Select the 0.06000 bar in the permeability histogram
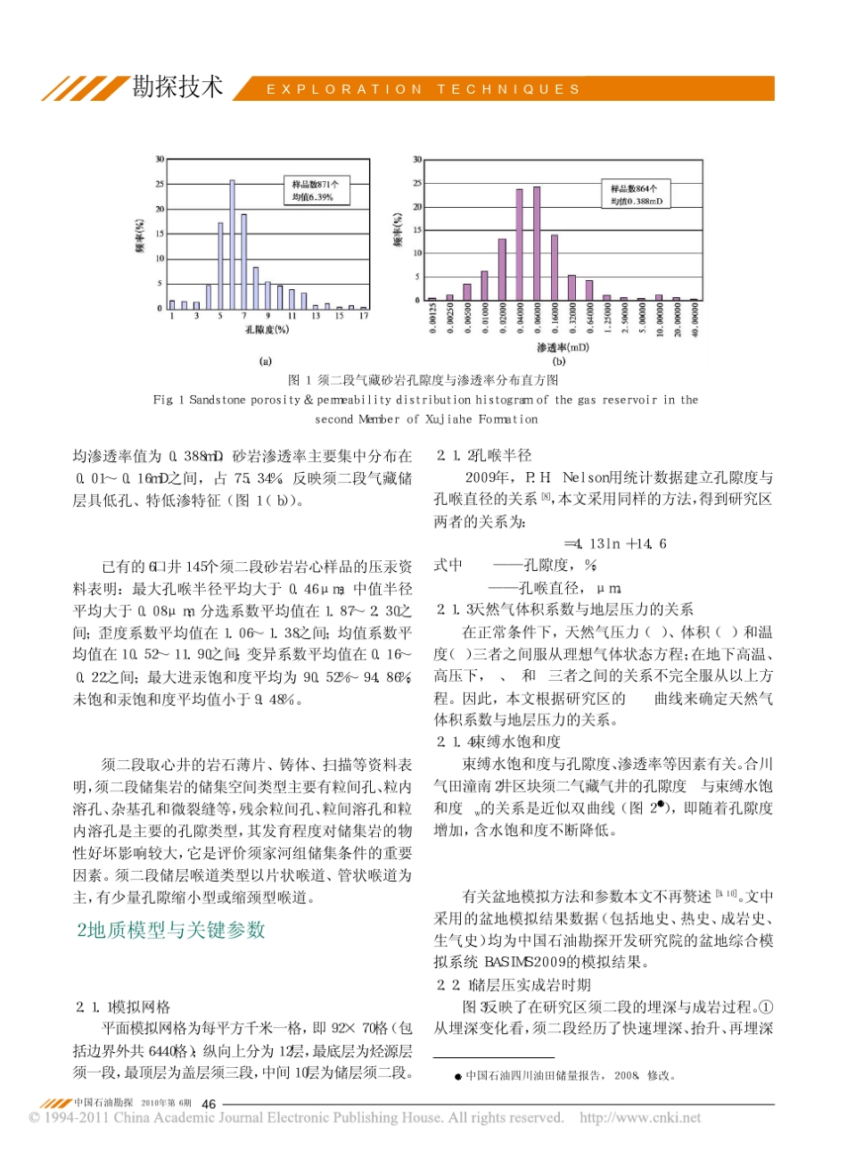tap(537, 244)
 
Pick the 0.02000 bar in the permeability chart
tap(501, 269)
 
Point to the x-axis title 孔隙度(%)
tap(267, 329)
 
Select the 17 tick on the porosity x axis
tap(364, 317)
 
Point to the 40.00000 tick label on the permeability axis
tap(695, 319)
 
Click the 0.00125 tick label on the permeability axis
tap(432, 319)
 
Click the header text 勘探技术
tap(177, 87)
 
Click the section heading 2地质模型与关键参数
tap(170, 929)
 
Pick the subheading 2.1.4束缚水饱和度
tap(498, 741)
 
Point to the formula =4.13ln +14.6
tap(615, 543)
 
